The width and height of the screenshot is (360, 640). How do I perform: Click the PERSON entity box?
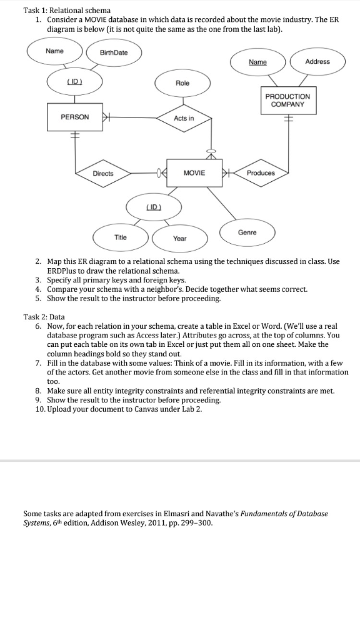(75, 117)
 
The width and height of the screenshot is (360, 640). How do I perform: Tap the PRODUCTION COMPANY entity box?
(287, 101)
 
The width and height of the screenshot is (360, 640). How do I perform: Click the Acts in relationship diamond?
(184, 118)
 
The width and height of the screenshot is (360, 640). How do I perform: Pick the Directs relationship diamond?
(103, 173)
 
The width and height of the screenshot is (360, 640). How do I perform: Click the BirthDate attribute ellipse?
(114, 52)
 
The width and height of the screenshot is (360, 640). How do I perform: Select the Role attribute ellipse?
(182, 83)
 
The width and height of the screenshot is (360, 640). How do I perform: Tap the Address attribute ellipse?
(317, 62)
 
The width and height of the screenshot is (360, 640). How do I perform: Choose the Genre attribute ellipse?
(247, 232)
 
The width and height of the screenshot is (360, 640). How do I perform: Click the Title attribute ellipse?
(121, 237)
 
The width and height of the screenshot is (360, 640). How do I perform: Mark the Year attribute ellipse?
(179, 238)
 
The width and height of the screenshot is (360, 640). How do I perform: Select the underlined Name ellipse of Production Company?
(257, 62)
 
